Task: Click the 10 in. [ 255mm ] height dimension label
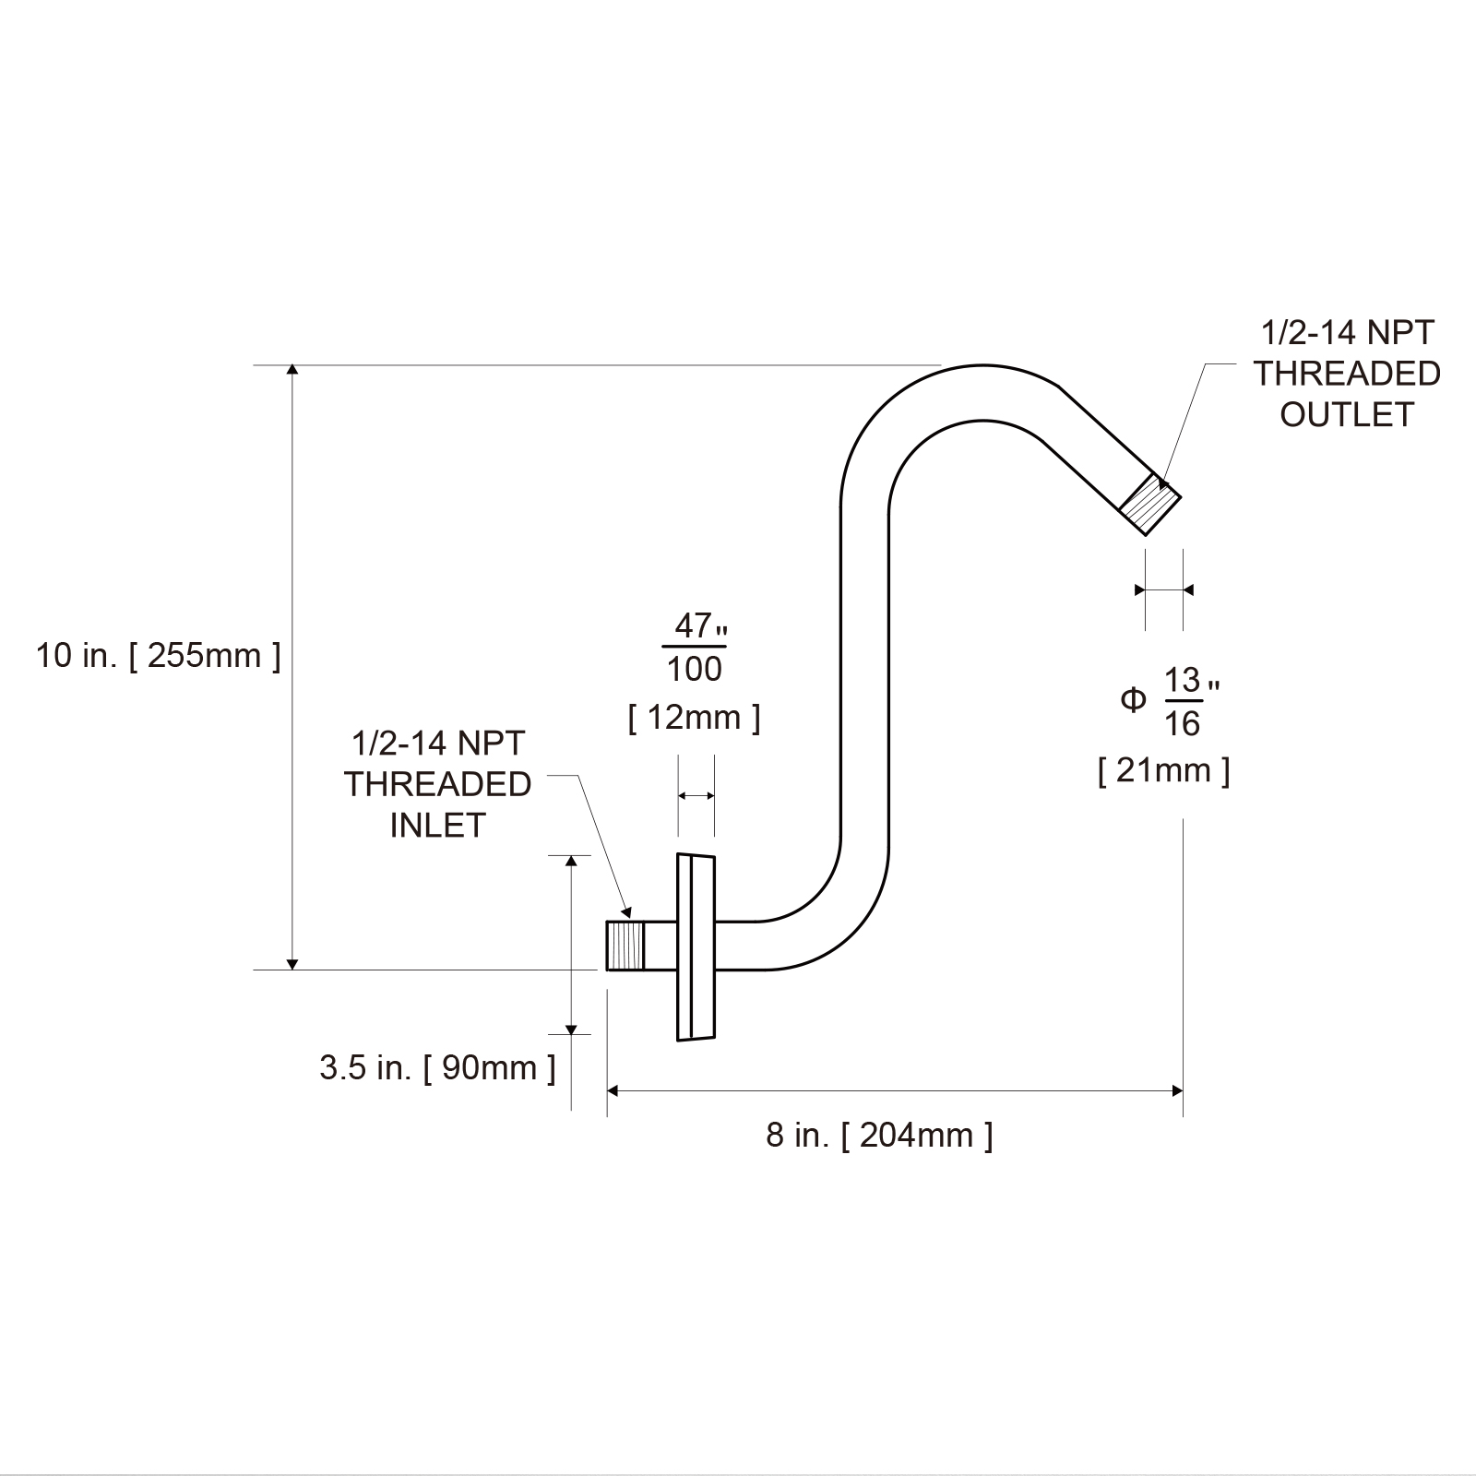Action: tap(158, 656)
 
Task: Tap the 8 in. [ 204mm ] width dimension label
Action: tap(879, 1135)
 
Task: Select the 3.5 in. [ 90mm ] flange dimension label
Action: tap(437, 1067)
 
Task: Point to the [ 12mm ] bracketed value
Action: tap(694, 717)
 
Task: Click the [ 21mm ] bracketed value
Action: tap(1163, 769)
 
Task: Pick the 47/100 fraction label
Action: tap(695, 647)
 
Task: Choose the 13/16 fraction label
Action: tap(1183, 702)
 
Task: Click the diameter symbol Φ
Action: tap(1133, 701)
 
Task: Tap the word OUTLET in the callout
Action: tap(1346, 415)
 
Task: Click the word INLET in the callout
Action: tap(437, 826)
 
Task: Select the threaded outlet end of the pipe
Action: tap(1150, 504)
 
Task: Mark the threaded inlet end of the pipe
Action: tap(625, 946)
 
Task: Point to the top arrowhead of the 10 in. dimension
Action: tap(292, 371)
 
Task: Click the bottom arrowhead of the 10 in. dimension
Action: tap(292, 964)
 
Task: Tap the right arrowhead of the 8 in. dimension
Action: tap(1177, 1091)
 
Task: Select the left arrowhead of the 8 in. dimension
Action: tap(613, 1091)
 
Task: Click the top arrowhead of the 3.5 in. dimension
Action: tap(571, 861)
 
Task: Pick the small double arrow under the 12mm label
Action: tap(696, 795)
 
